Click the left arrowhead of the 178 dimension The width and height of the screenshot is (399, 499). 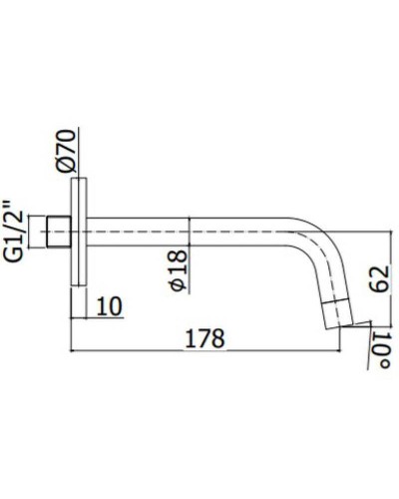pos(75,350)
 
